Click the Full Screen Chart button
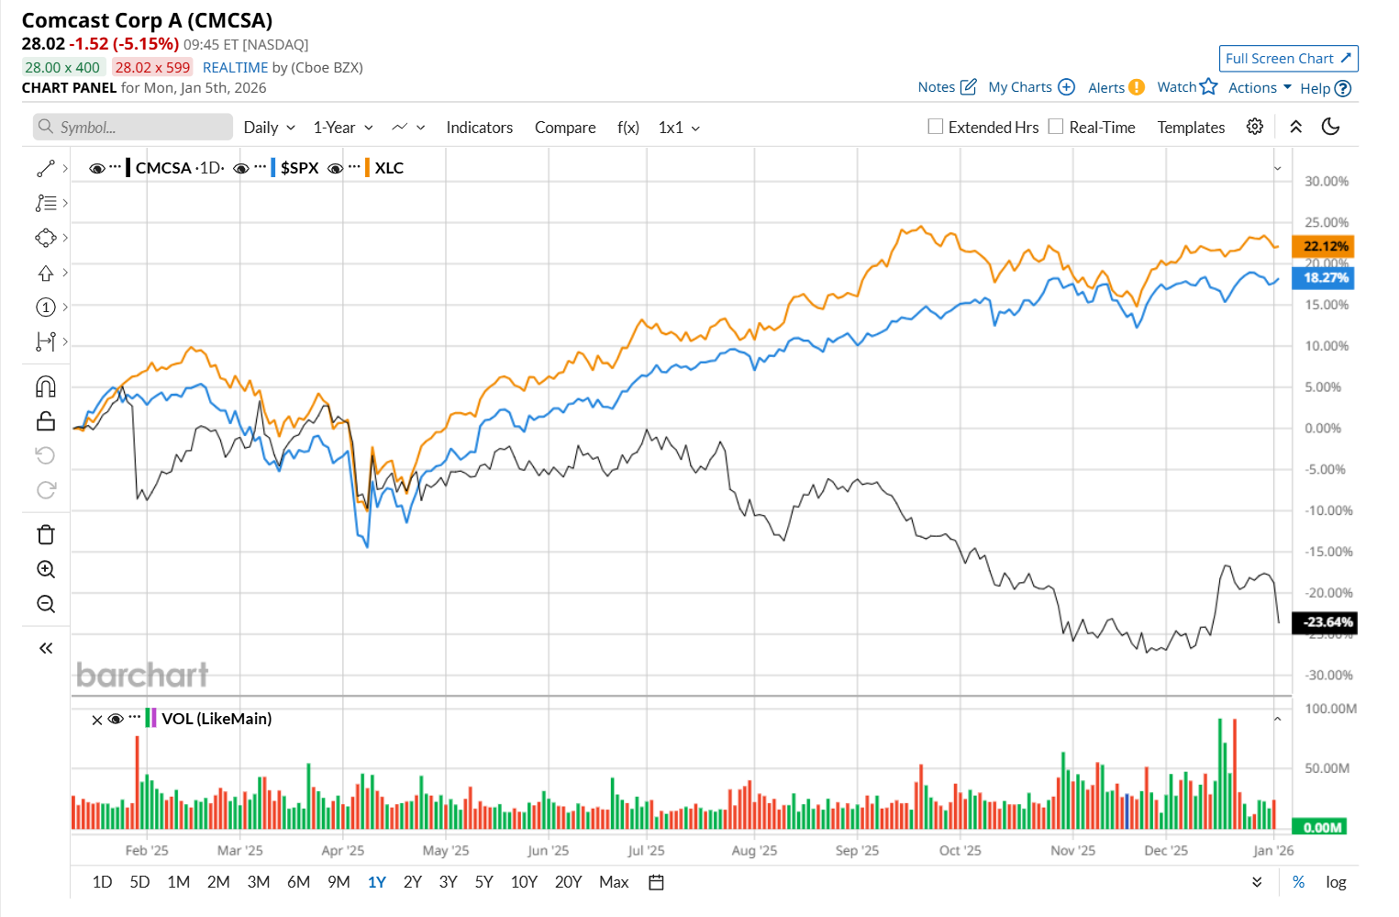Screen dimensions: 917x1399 point(1288,59)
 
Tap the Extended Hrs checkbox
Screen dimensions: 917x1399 point(936,127)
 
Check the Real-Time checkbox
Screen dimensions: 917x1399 point(1056,127)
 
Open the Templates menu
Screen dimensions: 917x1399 point(1191,128)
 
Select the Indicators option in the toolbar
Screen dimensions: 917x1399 point(479,128)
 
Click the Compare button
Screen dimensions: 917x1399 point(565,128)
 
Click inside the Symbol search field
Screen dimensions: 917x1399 point(133,128)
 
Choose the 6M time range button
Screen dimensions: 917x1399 point(298,882)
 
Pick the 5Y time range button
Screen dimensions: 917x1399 point(483,882)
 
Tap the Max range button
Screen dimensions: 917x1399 point(614,882)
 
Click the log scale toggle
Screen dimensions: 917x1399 point(1336,882)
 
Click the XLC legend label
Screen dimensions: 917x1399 point(389,168)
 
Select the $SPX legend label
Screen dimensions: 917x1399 point(299,168)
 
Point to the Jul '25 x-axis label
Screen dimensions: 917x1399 point(646,851)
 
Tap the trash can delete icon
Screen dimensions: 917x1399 point(46,534)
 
